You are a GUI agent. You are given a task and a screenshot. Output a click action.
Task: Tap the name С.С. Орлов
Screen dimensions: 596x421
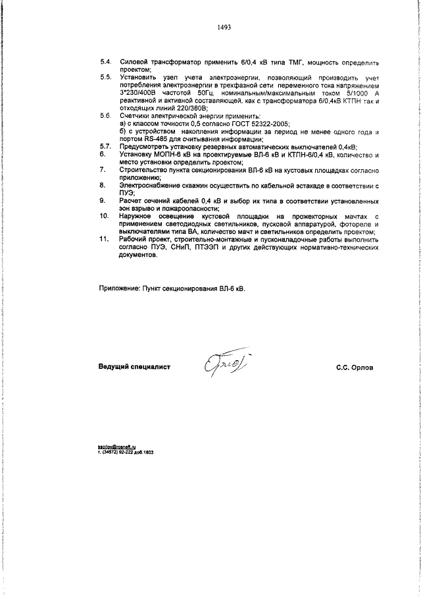coord(354,367)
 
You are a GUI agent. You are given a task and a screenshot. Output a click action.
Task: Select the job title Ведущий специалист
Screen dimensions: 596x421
coord(134,367)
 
